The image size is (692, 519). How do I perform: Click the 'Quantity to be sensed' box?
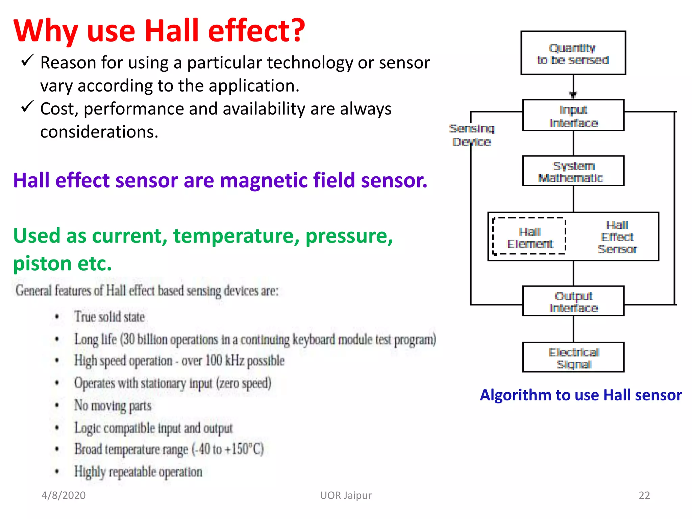(x=573, y=53)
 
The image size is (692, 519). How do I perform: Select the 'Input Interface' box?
(x=573, y=116)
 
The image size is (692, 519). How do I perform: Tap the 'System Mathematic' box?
(x=573, y=171)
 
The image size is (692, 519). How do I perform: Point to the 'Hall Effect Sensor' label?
(x=617, y=237)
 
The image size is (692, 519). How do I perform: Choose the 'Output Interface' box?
(x=573, y=301)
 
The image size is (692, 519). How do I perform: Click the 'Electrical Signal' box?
(x=573, y=358)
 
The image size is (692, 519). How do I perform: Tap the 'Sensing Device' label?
(x=472, y=135)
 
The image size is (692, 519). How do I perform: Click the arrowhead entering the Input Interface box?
(x=573, y=95)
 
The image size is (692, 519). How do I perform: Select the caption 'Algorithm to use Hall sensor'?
(x=581, y=395)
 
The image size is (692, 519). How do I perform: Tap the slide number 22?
(x=644, y=495)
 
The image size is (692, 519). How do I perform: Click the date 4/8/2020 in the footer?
(x=64, y=495)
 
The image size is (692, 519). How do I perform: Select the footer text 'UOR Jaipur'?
(x=346, y=495)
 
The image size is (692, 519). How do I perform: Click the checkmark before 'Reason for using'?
(x=27, y=60)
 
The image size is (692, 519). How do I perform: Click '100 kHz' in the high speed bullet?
(x=225, y=361)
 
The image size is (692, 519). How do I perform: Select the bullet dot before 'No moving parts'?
(x=57, y=405)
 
